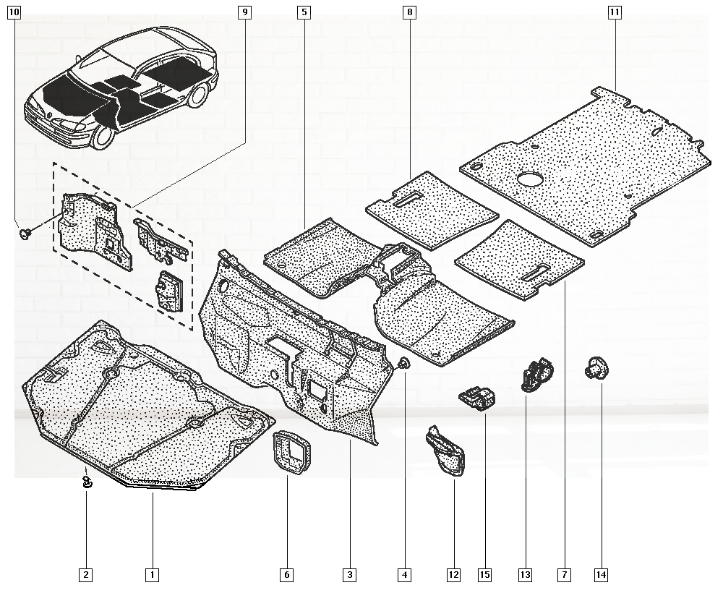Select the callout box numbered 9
pyautogui.click(x=245, y=12)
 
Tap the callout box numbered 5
pyautogui.click(x=304, y=12)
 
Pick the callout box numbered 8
pyautogui.click(x=410, y=12)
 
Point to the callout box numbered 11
pyautogui.click(x=615, y=12)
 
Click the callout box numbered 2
pyautogui.click(x=86, y=575)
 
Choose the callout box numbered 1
pyautogui.click(x=152, y=575)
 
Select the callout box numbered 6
pyautogui.click(x=287, y=575)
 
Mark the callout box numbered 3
pyautogui.click(x=349, y=575)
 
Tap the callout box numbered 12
pyautogui.click(x=453, y=575)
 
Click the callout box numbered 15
pyautogui.click(x=484, y=575)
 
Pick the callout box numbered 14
pyautogui.click(x=601, y=575)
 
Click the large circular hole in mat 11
pyautogui.click(x=531, y=178)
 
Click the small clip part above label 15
pyautogui.click(x=477, y=397)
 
